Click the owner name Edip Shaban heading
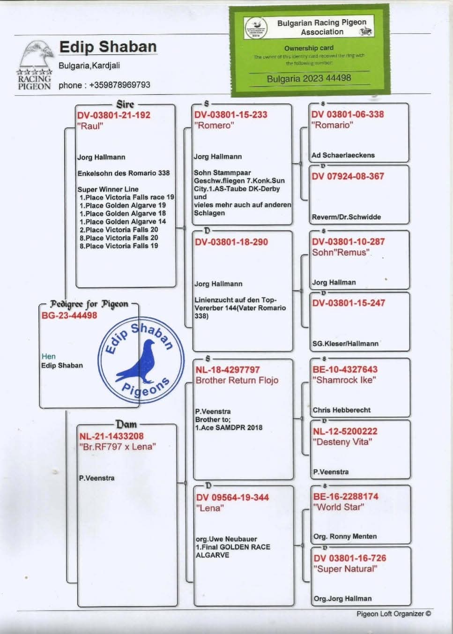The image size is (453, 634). (108, 47)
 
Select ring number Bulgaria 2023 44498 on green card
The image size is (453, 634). (309, 78)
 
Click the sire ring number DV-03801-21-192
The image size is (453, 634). (114, 115)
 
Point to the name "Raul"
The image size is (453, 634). (90, 126)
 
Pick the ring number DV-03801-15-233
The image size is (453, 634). (230, 114)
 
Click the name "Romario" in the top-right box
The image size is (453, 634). (332, 125)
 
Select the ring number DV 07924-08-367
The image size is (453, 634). (348, 176)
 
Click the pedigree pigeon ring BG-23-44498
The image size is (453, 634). (69, 315)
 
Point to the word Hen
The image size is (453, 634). (48, 357)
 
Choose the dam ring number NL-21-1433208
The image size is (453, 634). (111, 436)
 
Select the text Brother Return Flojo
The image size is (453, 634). (237, 380)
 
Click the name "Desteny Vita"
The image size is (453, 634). (342, 442)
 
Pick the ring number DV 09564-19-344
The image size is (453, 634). (232, 497)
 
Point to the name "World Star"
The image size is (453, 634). (338, 507)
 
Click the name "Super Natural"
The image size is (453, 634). (345, 569)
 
